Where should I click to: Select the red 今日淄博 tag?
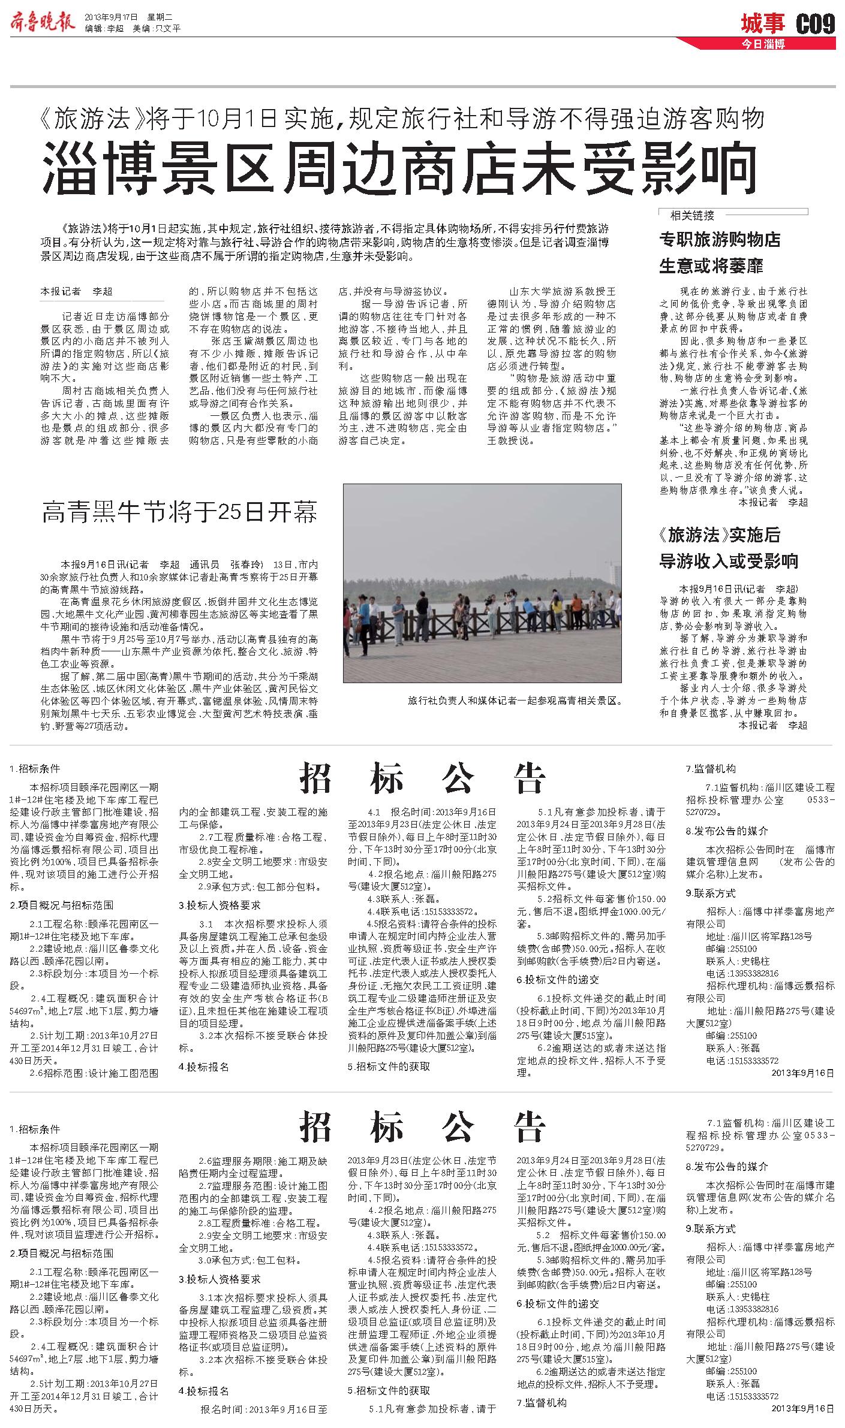[763, 44]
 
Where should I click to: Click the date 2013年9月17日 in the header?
[112, 17]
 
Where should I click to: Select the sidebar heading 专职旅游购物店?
[720, 240]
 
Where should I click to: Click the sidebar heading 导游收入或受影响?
[729, 561]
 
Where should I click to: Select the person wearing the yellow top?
[558, 611]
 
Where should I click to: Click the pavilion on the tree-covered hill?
[525, 577]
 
